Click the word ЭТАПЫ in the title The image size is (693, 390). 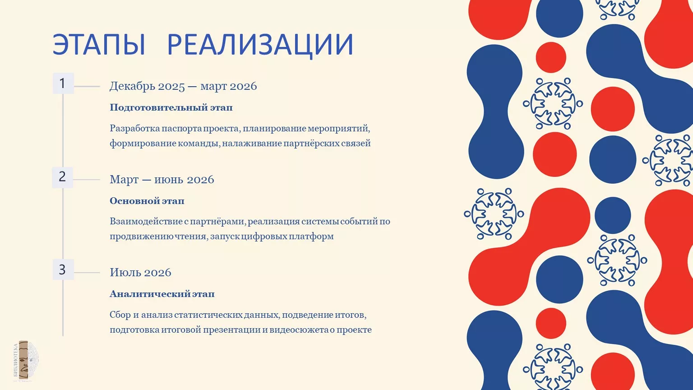[x=99, y=45]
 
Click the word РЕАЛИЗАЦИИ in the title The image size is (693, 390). [x=260, y=45]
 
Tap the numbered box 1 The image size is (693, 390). [x=63, y=83]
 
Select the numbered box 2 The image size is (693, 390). [x=63, y=177]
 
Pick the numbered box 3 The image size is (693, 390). [x=63, y=269]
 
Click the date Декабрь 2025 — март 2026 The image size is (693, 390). [x=183, y=86]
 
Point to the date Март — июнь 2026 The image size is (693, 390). [x=162, y=180]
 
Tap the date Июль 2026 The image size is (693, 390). [x=140, y=272]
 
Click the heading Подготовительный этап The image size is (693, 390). [x=171, y=108]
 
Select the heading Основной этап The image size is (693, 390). [x=147, y=201]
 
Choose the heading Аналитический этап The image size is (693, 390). [x=162, y=294]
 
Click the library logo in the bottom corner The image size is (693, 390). [x=26, y=361]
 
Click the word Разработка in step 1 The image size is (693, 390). [x=134, y=129]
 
